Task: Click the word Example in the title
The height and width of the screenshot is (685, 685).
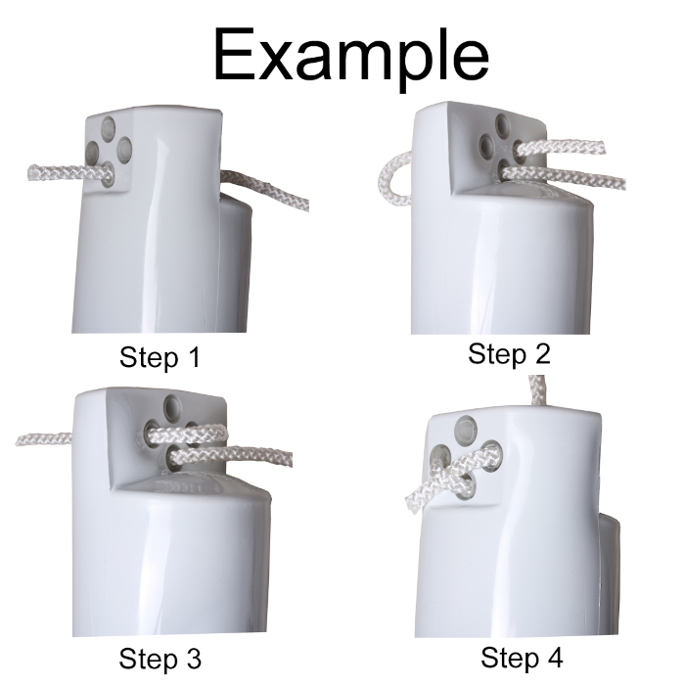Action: [350, 56]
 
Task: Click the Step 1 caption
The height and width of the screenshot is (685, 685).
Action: [160, 357]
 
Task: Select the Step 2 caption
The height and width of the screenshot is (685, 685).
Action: [509, 354]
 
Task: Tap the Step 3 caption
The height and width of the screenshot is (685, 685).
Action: [160, 659]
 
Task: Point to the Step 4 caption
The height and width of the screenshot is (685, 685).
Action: [522, 657]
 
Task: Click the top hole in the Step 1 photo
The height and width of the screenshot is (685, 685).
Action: [109, 126]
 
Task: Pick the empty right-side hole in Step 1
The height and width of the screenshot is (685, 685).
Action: [123, 149]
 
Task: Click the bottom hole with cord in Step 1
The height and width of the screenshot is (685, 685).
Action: [108, 175]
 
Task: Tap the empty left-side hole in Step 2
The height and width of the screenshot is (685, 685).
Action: [488, 145]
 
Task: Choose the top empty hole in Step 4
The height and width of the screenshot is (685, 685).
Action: [466, 428]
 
